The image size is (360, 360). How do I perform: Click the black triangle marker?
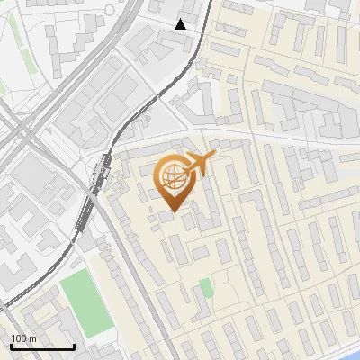click(x=181, y=24)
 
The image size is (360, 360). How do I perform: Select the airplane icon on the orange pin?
click(x=199, y=164)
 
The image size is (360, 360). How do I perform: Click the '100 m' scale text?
click(x=23, y=337)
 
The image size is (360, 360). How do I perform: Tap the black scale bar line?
click(x=42, y=346)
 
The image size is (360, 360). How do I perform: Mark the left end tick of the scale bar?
click(x=11, y=346)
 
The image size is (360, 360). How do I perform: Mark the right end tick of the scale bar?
click(x=74, y=346)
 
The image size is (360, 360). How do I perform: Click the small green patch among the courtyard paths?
click(x=206, y=288)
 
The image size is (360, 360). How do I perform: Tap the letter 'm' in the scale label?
click(x=32, y=337)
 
